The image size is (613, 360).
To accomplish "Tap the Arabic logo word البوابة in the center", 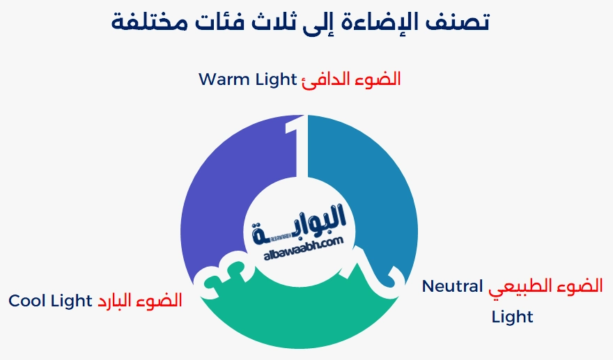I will (301, 226).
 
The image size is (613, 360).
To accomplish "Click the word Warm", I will (224, 79).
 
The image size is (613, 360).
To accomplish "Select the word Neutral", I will (452, 286).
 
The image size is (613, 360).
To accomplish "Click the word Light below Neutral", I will (512, 317).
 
